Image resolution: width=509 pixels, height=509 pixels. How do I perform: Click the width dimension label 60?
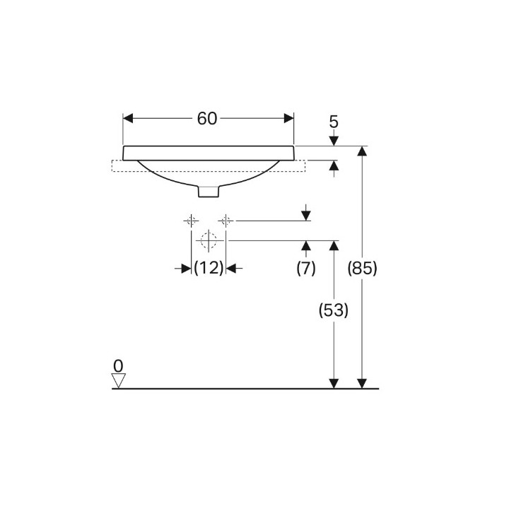point(206,119)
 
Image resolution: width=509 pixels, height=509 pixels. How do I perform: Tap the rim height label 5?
point(334,122)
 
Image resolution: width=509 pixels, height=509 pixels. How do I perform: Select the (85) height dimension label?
point(362,269)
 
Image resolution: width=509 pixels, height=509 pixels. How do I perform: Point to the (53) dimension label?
point(334,310)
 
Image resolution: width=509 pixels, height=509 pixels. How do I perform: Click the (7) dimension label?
point(306,269)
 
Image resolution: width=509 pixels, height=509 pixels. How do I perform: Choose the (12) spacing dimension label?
point(209,269)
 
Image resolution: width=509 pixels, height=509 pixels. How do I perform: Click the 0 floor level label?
point(118,366)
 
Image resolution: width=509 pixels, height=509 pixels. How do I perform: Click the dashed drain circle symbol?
point(209,240)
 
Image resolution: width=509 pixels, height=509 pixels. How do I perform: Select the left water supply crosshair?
point(191,221)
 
